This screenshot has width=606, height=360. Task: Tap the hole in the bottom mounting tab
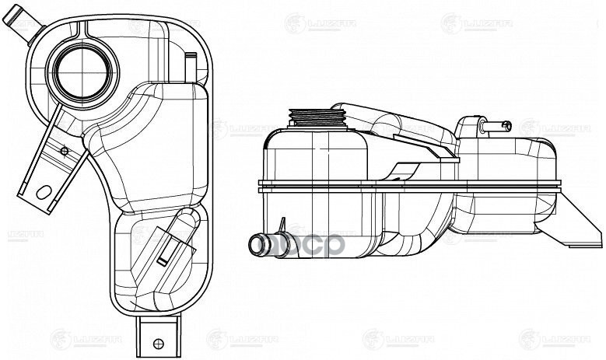158,343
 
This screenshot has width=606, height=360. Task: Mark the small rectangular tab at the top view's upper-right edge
191,61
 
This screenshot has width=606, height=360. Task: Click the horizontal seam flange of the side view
412,187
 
